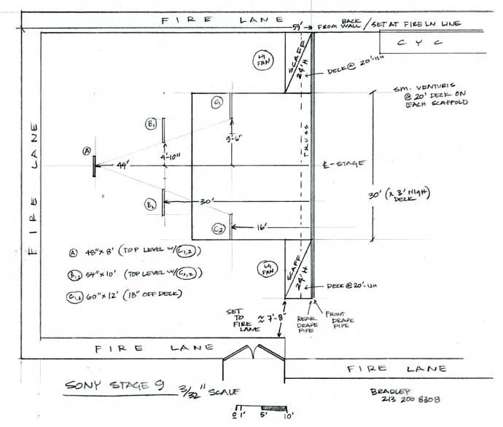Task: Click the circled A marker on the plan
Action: click(86, 152)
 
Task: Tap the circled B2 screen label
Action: click(150, 204)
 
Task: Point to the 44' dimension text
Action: click(122, 168)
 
